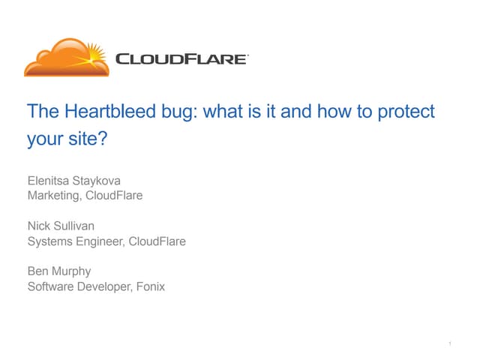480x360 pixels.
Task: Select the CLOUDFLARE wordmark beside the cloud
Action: click(181, 58)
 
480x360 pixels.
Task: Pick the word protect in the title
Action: click(407, 112)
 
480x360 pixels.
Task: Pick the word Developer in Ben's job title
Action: click(103, 286)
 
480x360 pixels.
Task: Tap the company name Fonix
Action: click(150, 286)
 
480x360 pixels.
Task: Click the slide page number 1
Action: click(448, 344)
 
